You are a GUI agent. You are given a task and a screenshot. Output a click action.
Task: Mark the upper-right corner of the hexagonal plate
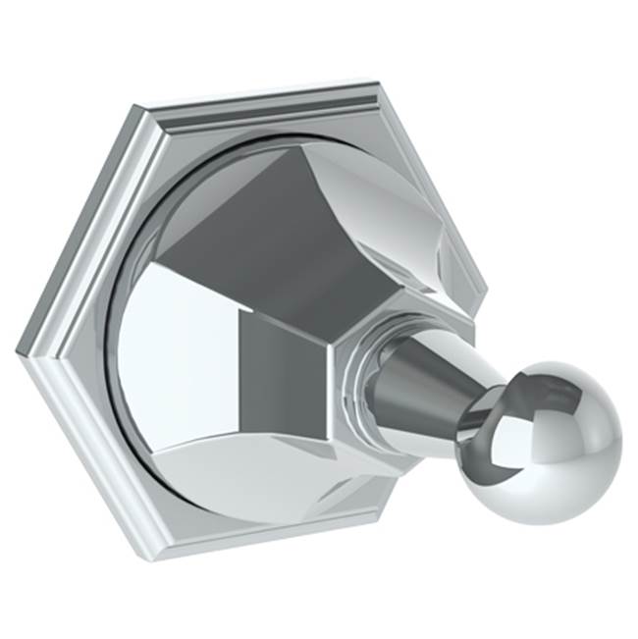[378, 76]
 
